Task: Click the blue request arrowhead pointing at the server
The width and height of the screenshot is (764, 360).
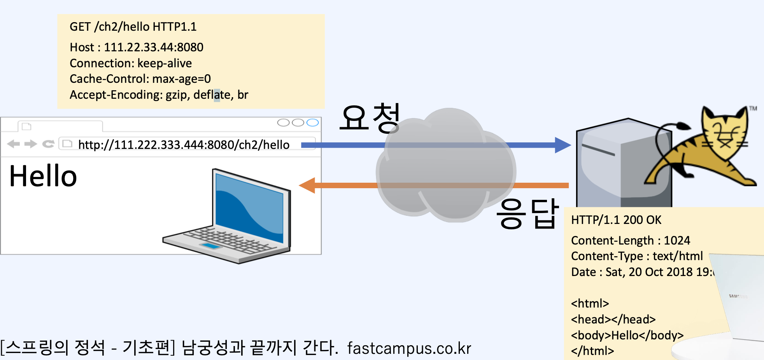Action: [x=562, y=145]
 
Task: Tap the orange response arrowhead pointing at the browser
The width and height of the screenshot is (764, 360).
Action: [x=307, y=185]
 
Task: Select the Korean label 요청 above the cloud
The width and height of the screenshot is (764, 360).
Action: [x=370, y=117]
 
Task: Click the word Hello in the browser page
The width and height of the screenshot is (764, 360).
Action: [x=43, y=176]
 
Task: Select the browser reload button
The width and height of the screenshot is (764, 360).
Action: [x=48, y=144]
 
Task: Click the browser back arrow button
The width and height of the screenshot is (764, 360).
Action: [x=13, y=144]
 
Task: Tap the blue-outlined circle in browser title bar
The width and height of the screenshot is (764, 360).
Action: [x=312, y=123]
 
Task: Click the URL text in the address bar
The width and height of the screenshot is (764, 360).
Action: [x=184, y=145]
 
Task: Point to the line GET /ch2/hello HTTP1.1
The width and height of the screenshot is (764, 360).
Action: [x=133, y=27]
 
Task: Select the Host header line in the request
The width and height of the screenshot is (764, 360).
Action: [x=136, y=47]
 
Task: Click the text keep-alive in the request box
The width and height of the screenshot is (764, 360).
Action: [x=165, y=63]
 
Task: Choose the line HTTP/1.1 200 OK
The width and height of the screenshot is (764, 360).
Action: [x=616, y=220]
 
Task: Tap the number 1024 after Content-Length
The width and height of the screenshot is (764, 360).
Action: [x=677, y=241]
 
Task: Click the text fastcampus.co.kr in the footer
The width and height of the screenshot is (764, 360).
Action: [x=409, y=348]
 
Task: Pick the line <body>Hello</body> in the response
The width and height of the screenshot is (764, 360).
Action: [x=627, y=336]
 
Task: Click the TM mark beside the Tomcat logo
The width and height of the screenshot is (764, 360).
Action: [x=753, y=108]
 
